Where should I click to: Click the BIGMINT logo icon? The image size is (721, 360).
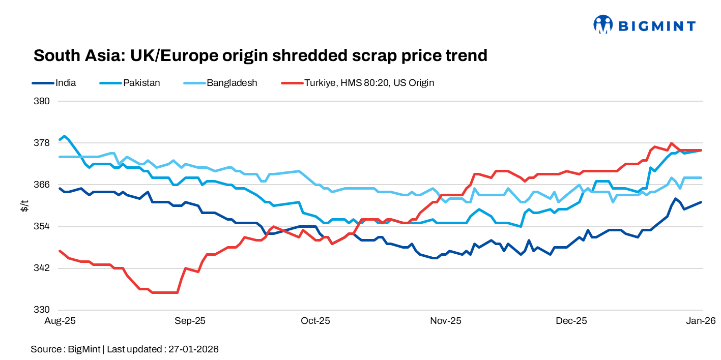click(603, 24)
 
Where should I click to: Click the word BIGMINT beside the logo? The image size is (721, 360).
click(656, 25)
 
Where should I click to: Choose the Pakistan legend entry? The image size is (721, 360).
click(141, 83)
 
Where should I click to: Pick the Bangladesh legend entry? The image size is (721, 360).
click(232, 83)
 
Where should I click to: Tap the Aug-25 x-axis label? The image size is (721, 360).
click(60, 321)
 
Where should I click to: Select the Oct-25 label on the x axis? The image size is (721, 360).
click(315, 321)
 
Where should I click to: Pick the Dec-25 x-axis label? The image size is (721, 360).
click(571, 321)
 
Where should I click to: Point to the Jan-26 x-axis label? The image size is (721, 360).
click(701, 321)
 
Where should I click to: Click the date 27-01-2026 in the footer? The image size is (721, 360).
click(194, 349)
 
